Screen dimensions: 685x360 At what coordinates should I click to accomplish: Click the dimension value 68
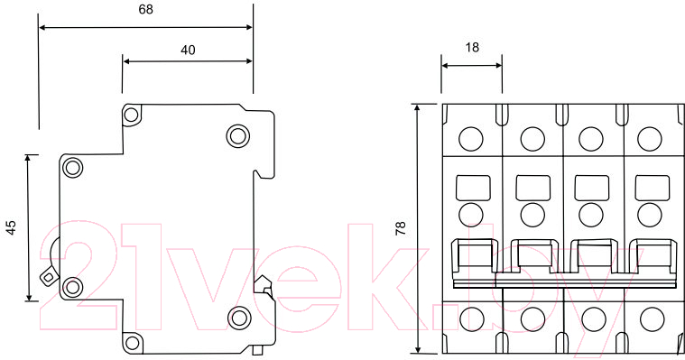[x=145, y=9]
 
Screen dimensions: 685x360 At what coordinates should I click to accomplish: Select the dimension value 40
[x=188, y=51]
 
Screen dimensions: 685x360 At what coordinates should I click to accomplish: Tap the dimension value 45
[x=11, y=227]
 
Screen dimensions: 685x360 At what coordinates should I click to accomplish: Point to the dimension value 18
[x=472, y=47]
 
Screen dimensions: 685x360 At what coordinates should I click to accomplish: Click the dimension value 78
[x=401, y=228]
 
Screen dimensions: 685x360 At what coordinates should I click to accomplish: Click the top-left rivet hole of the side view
[x=131, y=115]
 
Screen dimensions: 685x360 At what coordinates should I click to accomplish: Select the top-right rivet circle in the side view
[x=238, y=135]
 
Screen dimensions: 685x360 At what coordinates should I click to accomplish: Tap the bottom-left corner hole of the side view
[x=132, y=343]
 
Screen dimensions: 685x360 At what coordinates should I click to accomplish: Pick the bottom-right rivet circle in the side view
[x=239, y=318]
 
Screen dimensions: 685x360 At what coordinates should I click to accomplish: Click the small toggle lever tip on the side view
[x=48, y=277]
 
